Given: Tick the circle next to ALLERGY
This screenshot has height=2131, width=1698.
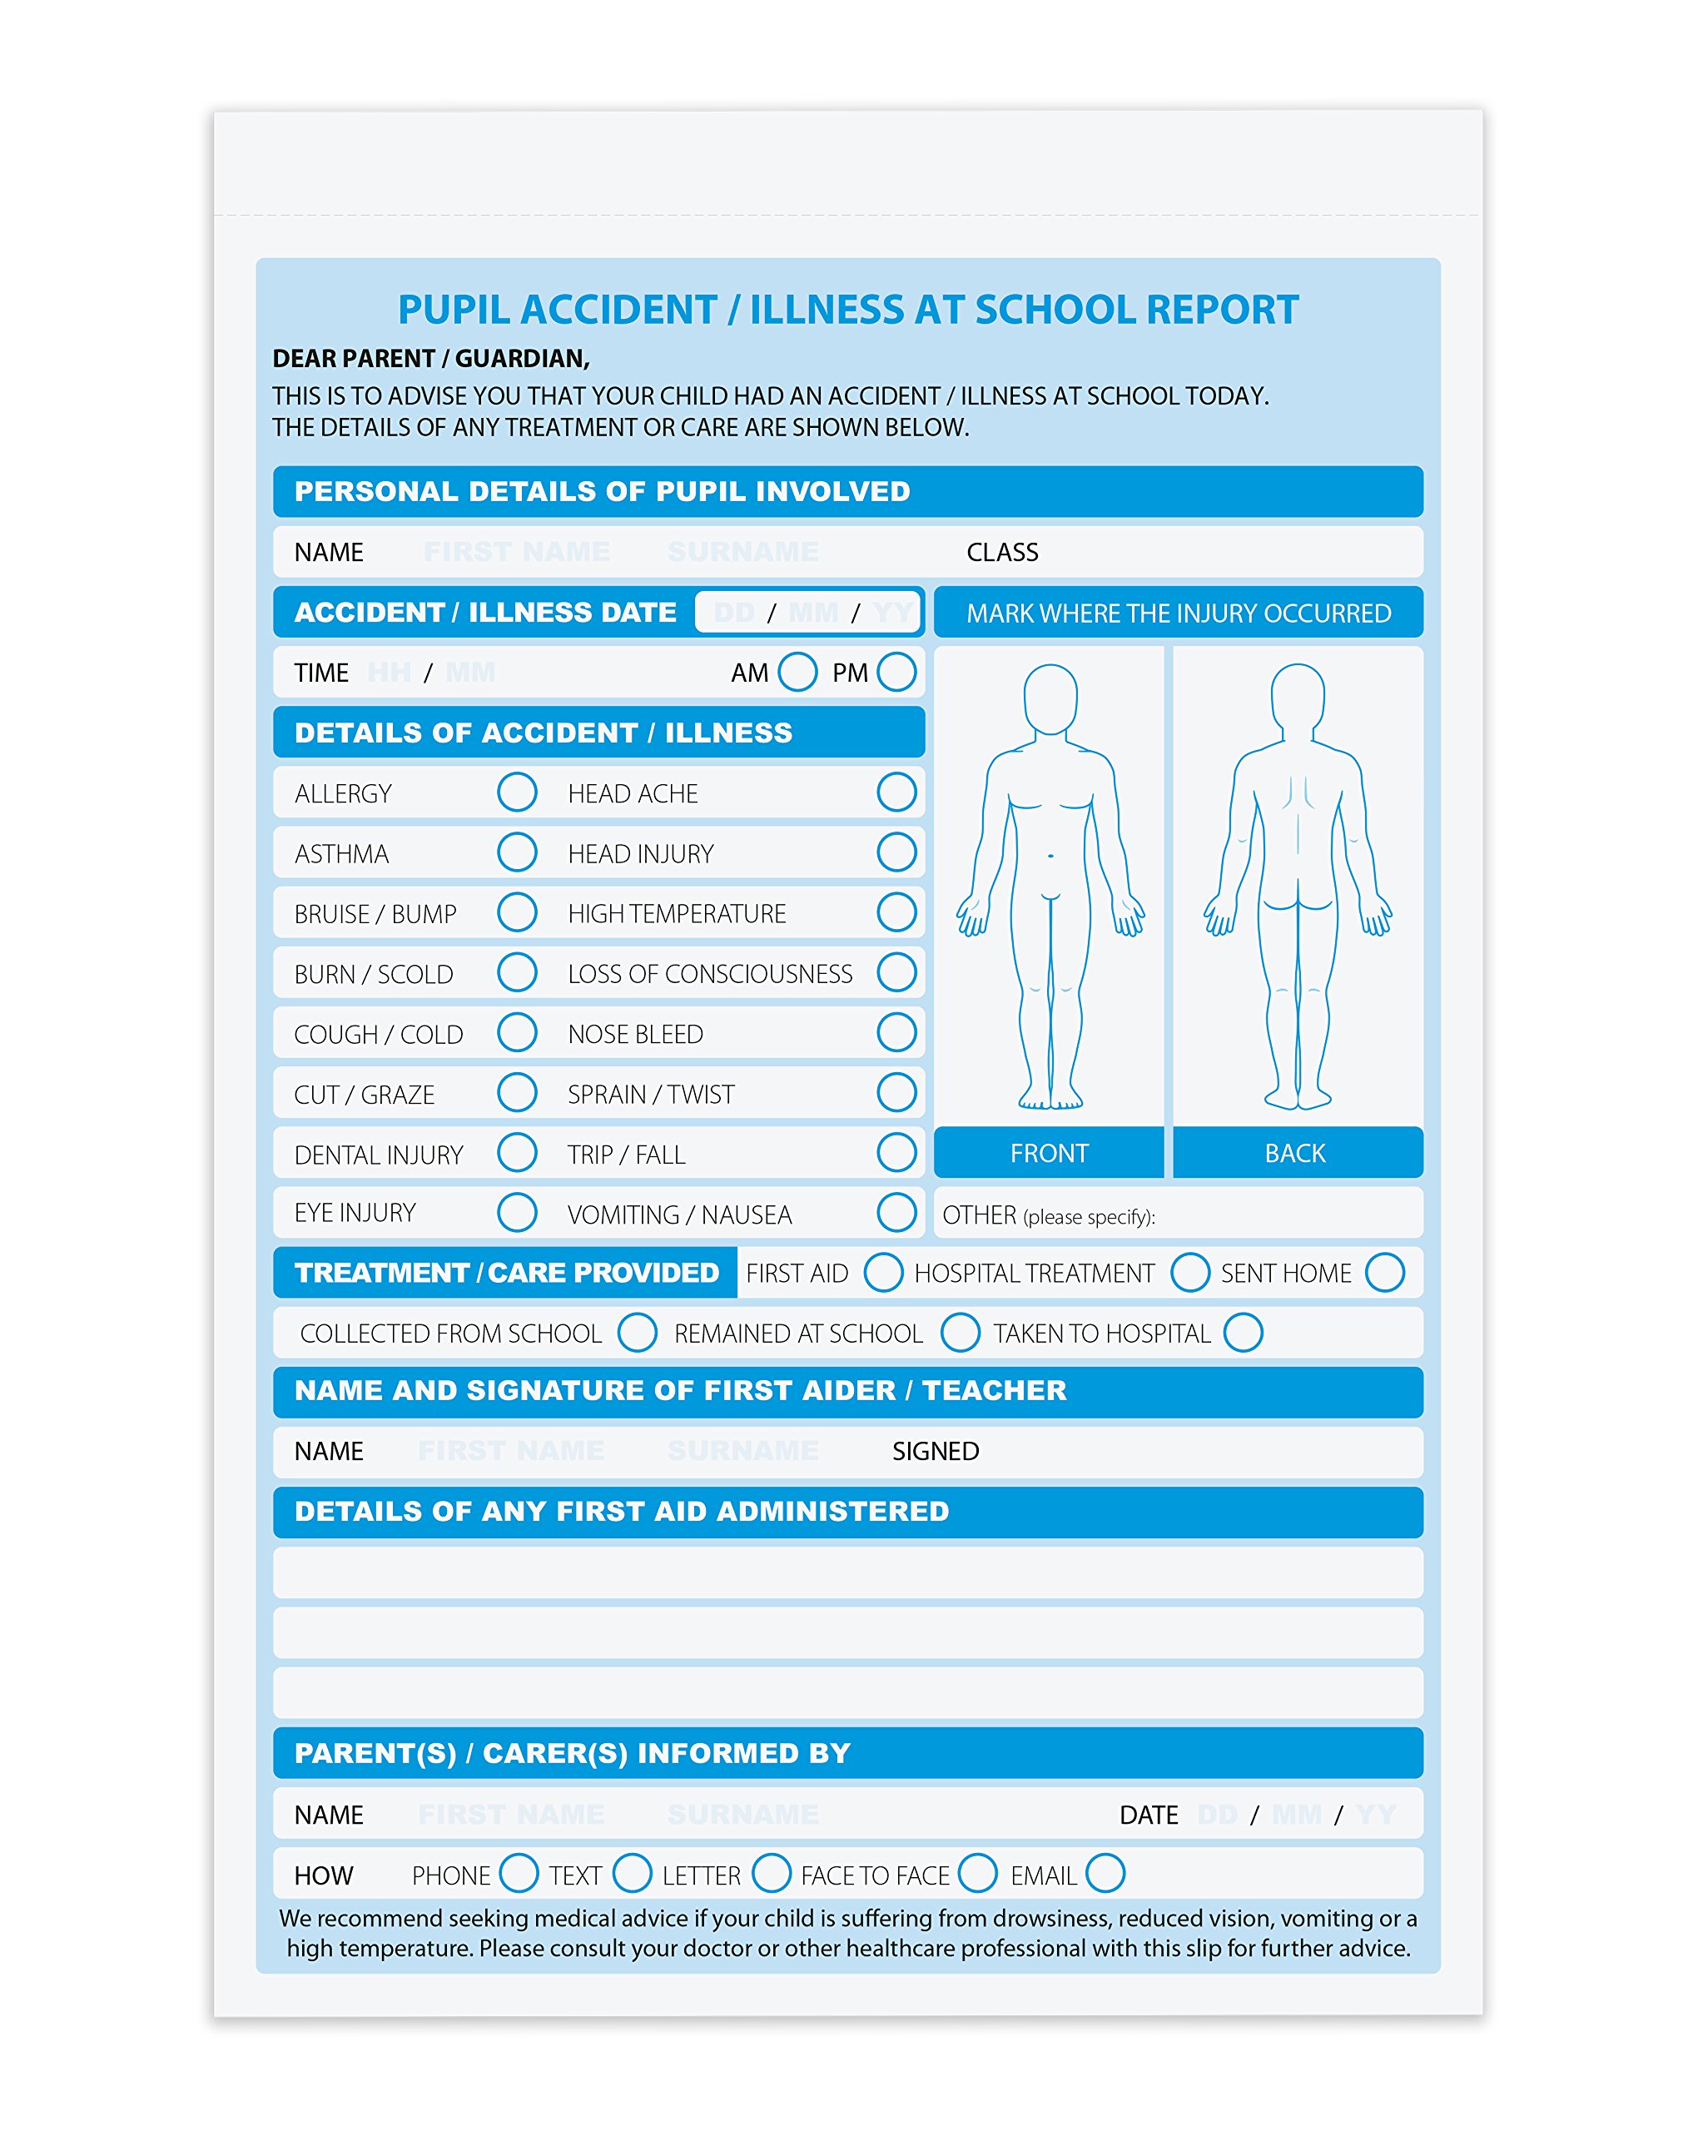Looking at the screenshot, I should coord(517,792).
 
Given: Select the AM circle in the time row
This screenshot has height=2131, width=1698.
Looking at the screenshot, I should coord(797,672).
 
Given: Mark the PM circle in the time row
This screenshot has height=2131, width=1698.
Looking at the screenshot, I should coord(896,672).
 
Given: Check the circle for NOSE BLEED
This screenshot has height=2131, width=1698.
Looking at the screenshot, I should coord(896,1032).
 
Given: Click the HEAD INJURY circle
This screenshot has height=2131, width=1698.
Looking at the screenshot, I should coord(896,852).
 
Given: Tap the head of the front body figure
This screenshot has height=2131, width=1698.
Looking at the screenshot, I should coord(1050,698).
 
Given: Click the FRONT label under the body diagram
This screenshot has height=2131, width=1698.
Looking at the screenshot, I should coord(1049,1152).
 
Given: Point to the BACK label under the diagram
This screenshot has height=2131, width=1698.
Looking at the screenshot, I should coord(1295,1152).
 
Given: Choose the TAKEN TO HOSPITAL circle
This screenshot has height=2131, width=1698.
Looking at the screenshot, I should coord(1243,1333).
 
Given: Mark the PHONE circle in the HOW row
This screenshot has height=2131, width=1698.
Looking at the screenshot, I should coord(518,1873).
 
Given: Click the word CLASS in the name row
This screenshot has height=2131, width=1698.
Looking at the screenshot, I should coord(1001,552).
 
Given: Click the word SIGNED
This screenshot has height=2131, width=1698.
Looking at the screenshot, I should coord(935,1451).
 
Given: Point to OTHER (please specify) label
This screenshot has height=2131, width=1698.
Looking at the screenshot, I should coord(1048,1215).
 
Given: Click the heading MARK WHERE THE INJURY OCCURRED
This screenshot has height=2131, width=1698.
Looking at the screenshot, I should coord(1178,613).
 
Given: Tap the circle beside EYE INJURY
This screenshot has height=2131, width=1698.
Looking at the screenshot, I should coord(517,1212).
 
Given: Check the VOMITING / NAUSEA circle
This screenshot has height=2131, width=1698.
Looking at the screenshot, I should coord(896,1212).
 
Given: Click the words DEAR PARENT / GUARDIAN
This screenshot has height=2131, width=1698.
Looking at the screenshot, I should coord(431,358).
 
